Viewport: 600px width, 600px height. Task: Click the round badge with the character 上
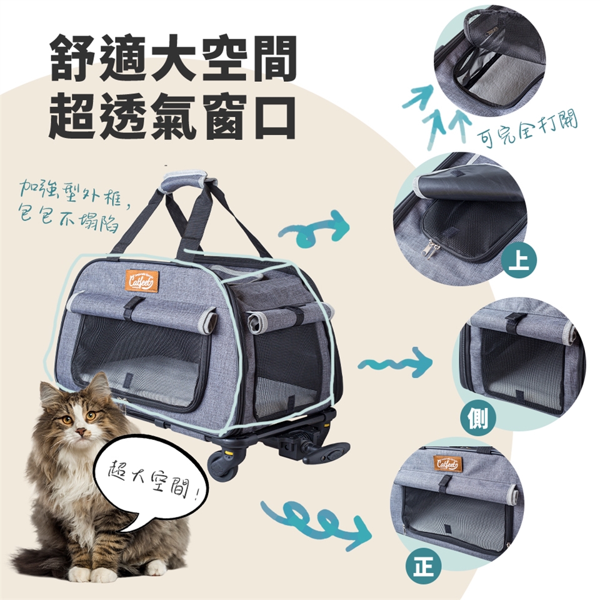[519, 262]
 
